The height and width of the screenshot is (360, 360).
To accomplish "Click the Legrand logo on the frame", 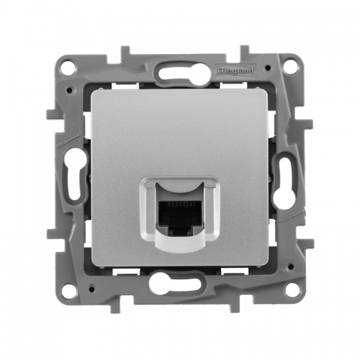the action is coord(235,71).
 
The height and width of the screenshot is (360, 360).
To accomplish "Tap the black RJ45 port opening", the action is coord(179,218).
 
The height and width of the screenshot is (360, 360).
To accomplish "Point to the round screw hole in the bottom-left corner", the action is coord(69,293).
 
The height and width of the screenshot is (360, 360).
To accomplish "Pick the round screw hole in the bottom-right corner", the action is coord(292,292).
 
